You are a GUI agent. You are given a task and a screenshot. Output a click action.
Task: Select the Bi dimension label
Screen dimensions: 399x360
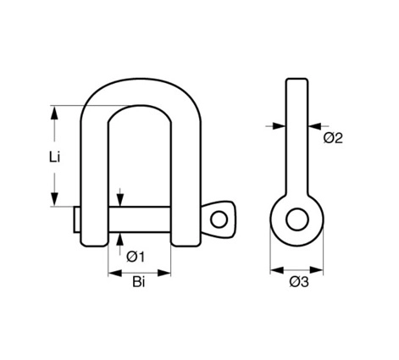[x=139, y=282]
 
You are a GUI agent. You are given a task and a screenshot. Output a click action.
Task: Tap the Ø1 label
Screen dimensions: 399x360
[x=136, y=257]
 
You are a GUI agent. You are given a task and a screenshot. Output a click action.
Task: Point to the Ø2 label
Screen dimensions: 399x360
[x=333, y=138]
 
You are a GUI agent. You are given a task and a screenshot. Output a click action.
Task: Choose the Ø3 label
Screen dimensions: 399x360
[x=299, y=282]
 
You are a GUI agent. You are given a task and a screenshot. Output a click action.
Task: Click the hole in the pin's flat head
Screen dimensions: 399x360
[x=219, y=219]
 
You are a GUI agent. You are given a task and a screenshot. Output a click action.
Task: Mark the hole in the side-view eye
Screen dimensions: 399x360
[x=297, y=219]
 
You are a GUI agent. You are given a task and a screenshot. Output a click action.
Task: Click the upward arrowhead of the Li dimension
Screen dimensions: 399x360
[x=54, y=114]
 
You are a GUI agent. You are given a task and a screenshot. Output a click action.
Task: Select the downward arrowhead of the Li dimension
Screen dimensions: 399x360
[x=54, y=199]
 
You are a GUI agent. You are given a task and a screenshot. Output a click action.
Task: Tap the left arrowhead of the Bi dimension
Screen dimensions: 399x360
[x=115, y=273]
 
